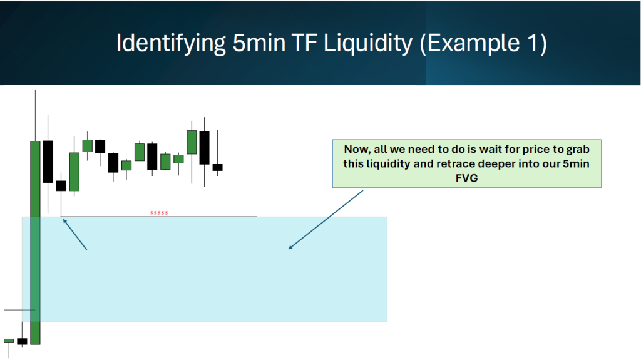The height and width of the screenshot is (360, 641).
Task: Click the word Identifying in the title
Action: [x=171, y=43]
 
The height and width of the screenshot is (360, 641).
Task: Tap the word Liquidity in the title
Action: [x=368, y=43]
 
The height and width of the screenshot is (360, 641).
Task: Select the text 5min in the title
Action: [x=259, y=43]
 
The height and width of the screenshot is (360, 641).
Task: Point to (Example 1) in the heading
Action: [x=483, y=43]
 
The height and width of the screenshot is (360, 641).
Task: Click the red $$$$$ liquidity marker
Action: [x=159, y=213]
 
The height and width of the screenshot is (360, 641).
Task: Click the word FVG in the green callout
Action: [x=466, y=178]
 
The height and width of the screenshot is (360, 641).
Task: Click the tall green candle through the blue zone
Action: [x=35, y=242]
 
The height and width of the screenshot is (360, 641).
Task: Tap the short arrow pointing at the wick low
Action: [x=75, y=234]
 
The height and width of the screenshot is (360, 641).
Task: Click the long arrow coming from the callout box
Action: [x=326, y=220]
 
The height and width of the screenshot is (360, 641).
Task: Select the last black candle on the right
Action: [x=217, y=167]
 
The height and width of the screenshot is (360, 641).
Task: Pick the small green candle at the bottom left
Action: [x=9, y=341]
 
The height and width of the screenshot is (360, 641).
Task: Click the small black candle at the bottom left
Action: [x=22, y=341]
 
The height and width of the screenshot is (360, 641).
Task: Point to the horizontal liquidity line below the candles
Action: [x=158, y=217]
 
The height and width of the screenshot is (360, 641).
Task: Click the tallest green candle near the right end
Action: [x=192, y=142]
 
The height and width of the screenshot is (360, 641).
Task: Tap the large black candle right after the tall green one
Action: [x=48, y=162]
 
